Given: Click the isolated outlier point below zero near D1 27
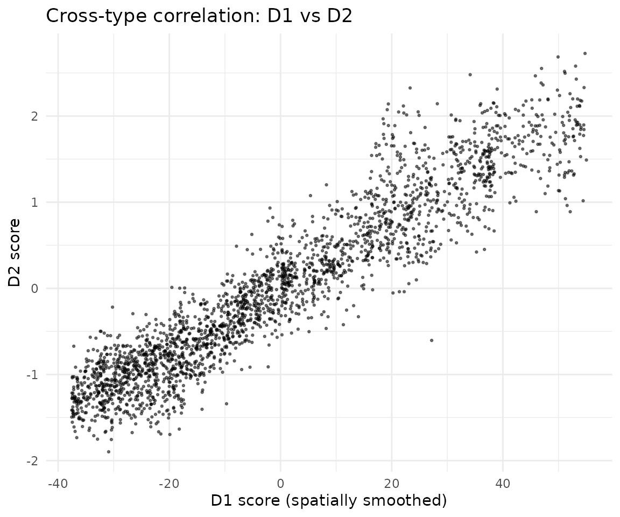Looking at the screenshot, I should (432, 340).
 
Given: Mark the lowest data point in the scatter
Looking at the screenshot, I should (109, 452).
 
